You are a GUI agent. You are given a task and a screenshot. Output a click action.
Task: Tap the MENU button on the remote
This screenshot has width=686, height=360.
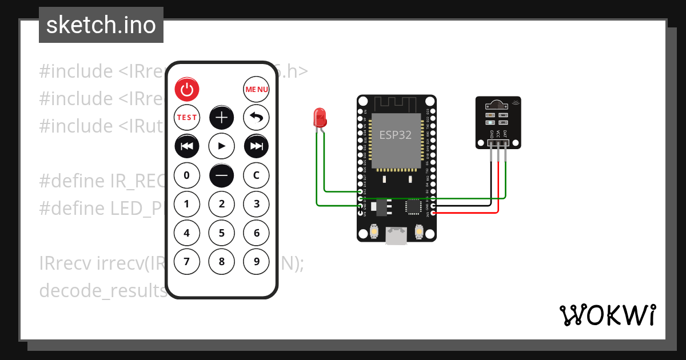[x=256, y=89]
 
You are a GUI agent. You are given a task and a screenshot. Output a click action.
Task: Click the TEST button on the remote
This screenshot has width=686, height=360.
[x=186, y=117]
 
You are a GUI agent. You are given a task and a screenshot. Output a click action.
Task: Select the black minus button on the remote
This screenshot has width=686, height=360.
[x=221, y=175]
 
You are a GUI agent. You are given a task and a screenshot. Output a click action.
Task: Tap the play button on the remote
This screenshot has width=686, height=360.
[x=221, y=146]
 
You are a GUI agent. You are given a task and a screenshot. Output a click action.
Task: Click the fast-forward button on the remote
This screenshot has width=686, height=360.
[x=256, y=146]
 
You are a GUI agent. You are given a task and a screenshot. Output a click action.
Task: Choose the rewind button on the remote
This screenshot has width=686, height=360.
[x=186, y=146]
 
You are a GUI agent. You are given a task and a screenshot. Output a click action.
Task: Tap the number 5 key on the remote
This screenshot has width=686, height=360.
[x=221, y=233]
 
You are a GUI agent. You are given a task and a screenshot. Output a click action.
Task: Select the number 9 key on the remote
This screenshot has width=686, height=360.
[x=256, y=262]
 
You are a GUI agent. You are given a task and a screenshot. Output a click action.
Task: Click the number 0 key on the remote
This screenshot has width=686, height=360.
[x=186, y=175]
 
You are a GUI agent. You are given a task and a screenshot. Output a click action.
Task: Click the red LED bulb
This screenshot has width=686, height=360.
[x=319, y=118]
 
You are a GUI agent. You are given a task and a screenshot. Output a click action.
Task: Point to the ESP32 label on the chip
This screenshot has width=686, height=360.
[x=396, y=135]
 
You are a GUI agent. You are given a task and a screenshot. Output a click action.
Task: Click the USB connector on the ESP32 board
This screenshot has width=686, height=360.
[x=396, y=236]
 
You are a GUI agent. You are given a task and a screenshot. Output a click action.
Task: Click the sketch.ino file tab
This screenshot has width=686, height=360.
[x=101, y=25]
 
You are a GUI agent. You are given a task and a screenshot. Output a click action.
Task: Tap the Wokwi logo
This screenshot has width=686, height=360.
[x=607, y=315]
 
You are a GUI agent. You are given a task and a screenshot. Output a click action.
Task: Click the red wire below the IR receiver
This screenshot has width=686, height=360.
[x=498, y=189]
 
